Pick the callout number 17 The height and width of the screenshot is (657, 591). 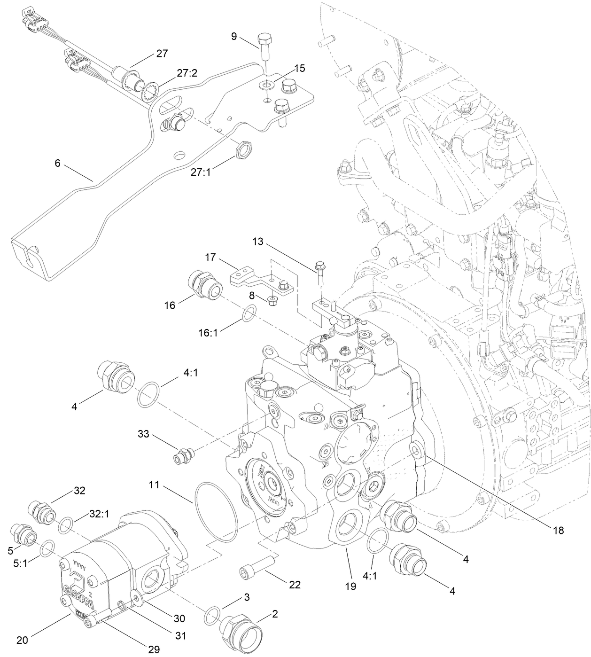[210, 258]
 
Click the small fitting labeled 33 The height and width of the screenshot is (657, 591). [184, 455]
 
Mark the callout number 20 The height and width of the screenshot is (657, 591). [22, 640]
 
